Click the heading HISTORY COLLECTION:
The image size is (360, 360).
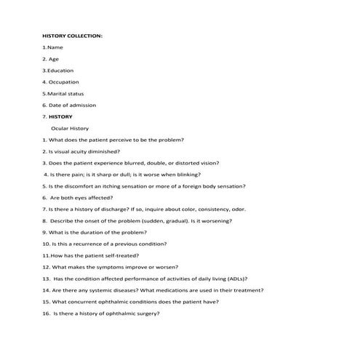pyautogui.click(x=72, y=35)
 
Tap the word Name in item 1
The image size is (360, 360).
pyautogui.click(x=55, y=47)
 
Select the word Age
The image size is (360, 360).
pyautogui.click(x=54, y=58)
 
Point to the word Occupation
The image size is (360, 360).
pyautogui.click(x=63, y=81)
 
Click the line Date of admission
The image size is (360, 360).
pyautogui.click(x=71, y=105)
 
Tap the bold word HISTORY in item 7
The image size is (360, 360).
pyautogui.click(x=61, y=116)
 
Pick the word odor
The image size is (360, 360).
pyautogui.click(x=239, y=209)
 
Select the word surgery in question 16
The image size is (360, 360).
pyautogui.click(x=145, y=313)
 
